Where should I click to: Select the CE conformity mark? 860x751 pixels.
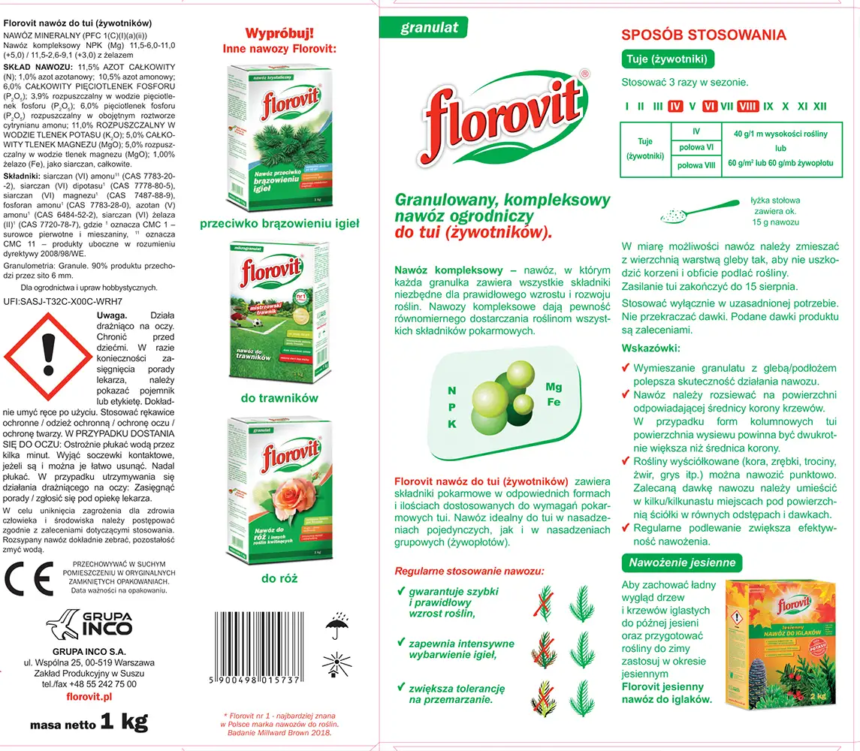click(29, 577)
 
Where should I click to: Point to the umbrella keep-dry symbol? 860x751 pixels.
click(336, 626)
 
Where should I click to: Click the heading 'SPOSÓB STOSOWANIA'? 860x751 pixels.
click(704, 35)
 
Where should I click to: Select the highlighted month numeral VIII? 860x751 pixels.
click(747, 107)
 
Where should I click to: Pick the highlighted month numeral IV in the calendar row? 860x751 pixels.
click(674, 107)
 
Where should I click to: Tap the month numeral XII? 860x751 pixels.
click(820, 107)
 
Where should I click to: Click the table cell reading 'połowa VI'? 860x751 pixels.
click(696, 148)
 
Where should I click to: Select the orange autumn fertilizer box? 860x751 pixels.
click(781, 644)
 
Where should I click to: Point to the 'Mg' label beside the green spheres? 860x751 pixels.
click(554, 388)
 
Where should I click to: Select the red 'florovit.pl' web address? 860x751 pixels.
click(89, 697)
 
